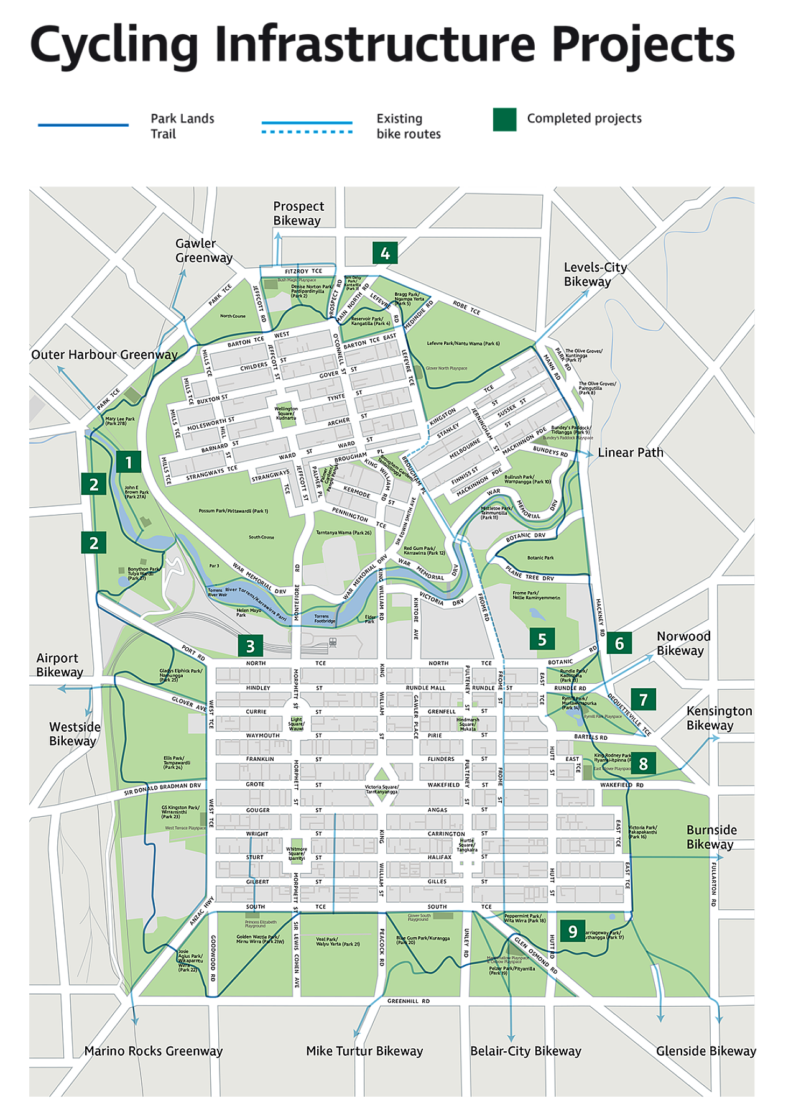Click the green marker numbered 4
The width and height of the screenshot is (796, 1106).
coord(385,253)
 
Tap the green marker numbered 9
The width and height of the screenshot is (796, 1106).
coord(572,931)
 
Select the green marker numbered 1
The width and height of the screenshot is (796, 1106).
coord(128,462)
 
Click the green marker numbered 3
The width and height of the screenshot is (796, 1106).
coord(250,646)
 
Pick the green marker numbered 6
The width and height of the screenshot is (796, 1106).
coord(619,643)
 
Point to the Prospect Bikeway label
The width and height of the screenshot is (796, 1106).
coord(298,213)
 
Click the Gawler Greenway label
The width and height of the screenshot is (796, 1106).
coord(203,251)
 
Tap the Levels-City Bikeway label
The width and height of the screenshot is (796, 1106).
coord(595,274)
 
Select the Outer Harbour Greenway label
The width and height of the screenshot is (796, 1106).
coord(104,355)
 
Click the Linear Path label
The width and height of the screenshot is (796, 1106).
coord(630,453)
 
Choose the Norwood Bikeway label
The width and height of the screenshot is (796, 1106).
coord(683,643)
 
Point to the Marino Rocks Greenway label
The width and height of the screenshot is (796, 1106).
coord(154,1051)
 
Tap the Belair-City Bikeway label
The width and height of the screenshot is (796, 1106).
coord(525,1051)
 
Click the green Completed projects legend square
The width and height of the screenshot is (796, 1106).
coord(504,119)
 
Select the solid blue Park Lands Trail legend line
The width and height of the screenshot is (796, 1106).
coord(83,125)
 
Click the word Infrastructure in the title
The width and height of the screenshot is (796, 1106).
coord(375,45)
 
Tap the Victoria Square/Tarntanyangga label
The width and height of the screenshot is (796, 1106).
coord(381,790)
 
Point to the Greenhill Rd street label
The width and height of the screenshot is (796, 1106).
coord(408,1002)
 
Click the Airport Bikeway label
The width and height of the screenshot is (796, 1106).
coord(59,665)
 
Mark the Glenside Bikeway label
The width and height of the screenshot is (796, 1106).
coord(705,1051)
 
